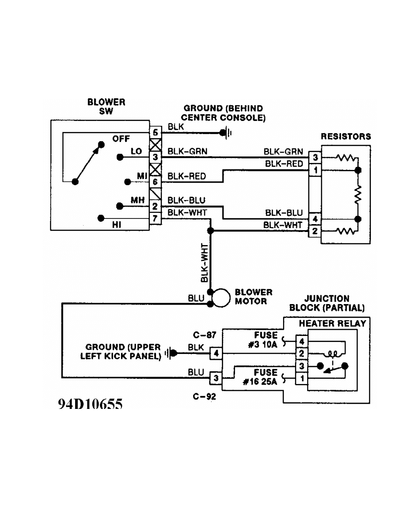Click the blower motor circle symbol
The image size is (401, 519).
(221, 298)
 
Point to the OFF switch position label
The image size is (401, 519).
(121, 139)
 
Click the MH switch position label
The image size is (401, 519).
(138, 199)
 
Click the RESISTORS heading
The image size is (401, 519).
(346, 137)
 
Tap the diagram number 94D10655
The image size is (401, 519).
(90, 405)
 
